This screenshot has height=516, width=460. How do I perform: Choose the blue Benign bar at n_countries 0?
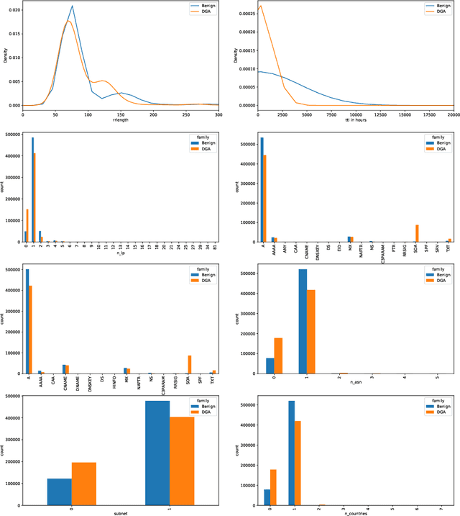coord(267,498)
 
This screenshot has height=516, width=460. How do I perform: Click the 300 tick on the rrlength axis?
coord(218,114)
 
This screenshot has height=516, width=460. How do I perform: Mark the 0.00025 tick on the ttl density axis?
coord(242,14)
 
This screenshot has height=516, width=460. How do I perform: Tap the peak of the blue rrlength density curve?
coord(72,6)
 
